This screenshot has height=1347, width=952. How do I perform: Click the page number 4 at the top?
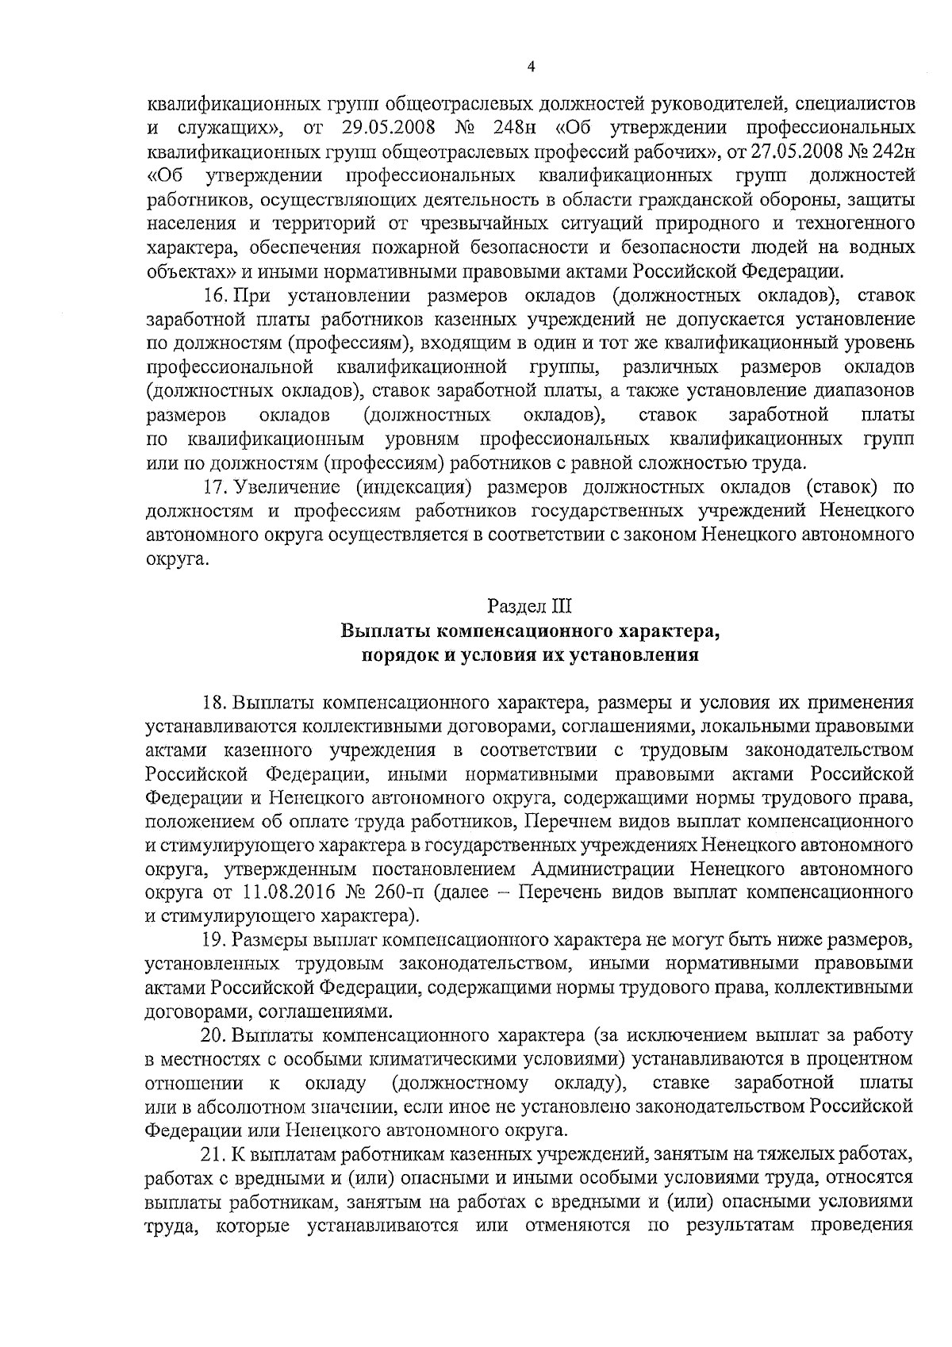click(530, 68)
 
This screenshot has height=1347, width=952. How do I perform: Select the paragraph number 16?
click(215, 297)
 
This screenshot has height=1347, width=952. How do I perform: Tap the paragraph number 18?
click(215, 702)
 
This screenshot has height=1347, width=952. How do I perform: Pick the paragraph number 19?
click(215, 940)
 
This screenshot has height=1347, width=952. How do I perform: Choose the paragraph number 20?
click(215, 1035)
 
